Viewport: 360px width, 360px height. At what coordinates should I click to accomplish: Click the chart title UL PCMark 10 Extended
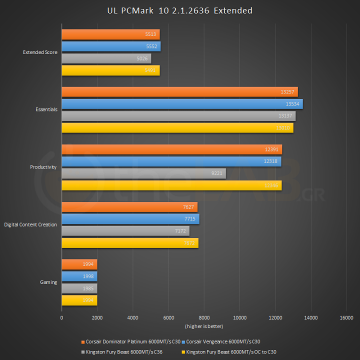click(180, 10)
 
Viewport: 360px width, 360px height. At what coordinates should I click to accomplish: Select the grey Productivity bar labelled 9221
click(143, 173)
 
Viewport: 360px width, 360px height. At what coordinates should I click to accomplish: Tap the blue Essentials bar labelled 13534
click(182, 104)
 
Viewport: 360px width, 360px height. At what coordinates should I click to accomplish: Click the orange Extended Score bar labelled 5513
click(110, 34)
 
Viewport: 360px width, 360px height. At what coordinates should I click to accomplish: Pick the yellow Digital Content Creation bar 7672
click(130, 243)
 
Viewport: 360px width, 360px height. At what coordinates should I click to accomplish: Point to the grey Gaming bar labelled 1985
click(79, 288)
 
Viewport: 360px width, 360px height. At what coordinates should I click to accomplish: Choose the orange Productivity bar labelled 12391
click(171, 149)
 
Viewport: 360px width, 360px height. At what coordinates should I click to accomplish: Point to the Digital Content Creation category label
click(30, 225)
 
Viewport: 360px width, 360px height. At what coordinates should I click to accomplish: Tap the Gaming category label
click(48, 282)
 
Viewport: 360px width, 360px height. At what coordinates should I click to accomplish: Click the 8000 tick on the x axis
click(204, 317)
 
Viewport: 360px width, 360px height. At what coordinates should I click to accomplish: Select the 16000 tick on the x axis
click(346, 317)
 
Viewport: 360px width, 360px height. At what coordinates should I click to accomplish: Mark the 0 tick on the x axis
click(61, 317)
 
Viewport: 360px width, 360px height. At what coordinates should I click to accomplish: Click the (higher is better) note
click(204, 326)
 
